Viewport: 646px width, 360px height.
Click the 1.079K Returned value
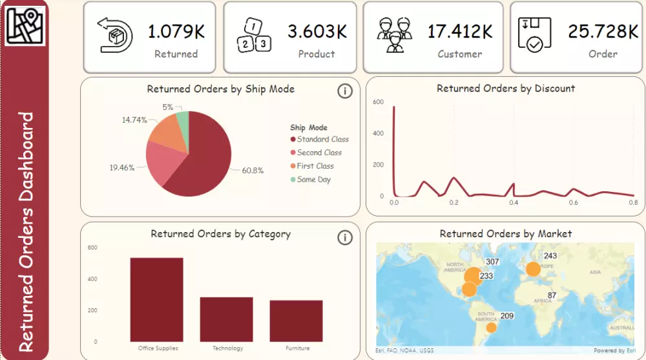pyautogui.click(x=176, y=31)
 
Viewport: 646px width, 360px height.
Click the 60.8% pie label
pyautogui.click(x=253, y=171)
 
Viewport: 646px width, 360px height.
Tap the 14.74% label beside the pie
pyautogui.click(x=134, y=120)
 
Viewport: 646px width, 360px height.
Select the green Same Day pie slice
pyautogui.click(x=183, y=120)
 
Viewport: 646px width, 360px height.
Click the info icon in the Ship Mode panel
pyautogui.click(x=345, y=91)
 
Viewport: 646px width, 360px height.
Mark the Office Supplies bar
pyautogui.click(x=157, y=299)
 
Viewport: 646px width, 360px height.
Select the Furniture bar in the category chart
pyautogui.click(x=296, y=321)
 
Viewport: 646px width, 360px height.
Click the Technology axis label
pyautogui.click(x=228, y=348)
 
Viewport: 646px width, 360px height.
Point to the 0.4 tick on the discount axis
pyautogui.click(x=513, y=203)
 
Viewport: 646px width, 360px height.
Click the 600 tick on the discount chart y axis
pyautogui.click(x=379, y=102)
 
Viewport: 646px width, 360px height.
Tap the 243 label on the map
pyautogui.click(x=550, y=256)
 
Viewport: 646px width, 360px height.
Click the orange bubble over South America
pyautogui.click(x=491, y=328)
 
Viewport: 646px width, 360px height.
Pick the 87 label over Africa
pyautogui.click(x=552, y=296)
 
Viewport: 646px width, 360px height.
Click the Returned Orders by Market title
pyautogui.click(x=505, y=233)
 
